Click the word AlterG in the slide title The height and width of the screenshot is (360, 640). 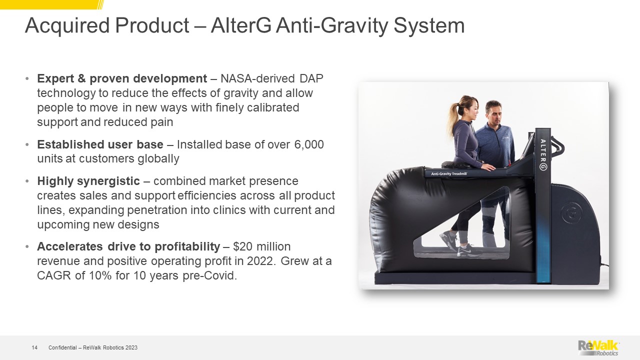click(241, 25)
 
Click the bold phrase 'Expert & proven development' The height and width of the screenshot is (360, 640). click(122, 78)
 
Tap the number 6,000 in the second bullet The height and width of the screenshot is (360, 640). click(309, 144)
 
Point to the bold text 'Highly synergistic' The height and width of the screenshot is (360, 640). click(88, 181)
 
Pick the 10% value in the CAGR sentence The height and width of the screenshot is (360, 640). click(100, 275)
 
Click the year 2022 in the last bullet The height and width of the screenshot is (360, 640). click(261, 261)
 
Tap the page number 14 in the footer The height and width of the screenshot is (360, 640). click(34, 347)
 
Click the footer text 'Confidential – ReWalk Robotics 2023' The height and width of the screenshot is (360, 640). click(93, 347)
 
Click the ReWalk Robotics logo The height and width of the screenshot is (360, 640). click(598, 347)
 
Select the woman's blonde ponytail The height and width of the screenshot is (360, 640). click(454, 116)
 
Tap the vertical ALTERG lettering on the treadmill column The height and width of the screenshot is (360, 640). click(543, 154)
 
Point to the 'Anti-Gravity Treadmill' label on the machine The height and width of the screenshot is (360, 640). click(449, 173)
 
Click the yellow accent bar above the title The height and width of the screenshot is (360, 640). click(51, 4)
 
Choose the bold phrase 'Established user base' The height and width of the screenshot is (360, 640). click(100, 144)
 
